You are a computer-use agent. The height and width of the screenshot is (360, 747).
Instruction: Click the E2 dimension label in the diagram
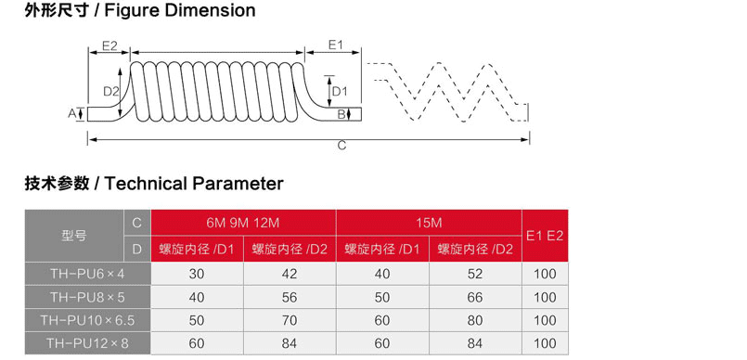tap(109, 45)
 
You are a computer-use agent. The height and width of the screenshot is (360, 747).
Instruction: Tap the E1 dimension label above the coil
tap(336, 45)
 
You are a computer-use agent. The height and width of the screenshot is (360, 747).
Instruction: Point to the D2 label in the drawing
tap(111, 91)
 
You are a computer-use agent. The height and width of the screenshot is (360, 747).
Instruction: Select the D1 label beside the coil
tap(340, 91)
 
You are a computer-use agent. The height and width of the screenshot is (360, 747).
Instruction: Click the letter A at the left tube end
tap(72, 113)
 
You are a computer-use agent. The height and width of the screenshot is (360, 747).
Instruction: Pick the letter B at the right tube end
tap(341, 114)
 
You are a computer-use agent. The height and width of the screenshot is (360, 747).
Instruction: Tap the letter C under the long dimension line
tap(341, 146)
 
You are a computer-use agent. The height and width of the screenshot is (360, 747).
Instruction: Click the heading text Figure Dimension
tap(180, 10)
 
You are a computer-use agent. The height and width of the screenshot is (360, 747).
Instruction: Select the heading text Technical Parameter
tap(194, 184)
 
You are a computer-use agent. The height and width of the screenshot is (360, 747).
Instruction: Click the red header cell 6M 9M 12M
tap(243, 223)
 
